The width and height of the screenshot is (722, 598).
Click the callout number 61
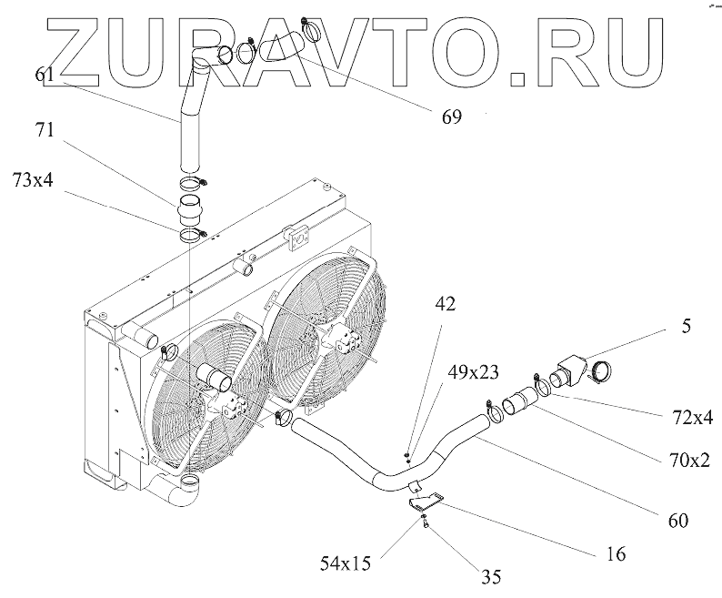(46, 76)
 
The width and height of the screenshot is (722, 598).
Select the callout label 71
(46, 129)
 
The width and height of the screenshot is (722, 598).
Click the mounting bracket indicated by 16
(426, 501)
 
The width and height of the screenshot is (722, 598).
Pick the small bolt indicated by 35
(425, 522)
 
